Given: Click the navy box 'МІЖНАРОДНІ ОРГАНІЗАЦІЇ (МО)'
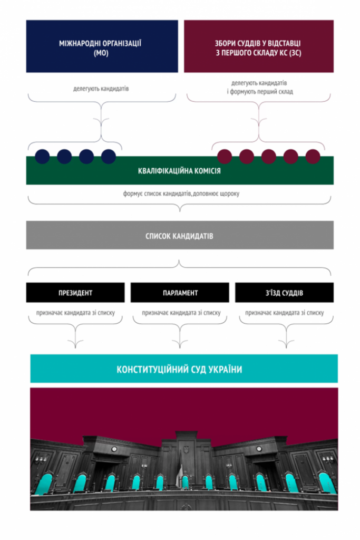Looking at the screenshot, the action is [102, 46].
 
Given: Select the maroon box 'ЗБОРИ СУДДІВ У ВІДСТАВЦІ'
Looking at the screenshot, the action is [258, 46].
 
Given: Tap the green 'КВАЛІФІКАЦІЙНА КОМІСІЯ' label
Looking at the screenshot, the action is [179, 171].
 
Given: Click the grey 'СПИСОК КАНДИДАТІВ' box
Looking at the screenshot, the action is [180, 235].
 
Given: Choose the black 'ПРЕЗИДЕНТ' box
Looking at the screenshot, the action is [75, 293].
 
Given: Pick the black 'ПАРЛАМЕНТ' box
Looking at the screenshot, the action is [180, 293].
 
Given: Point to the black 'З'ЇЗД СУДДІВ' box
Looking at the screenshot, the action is [284, 293].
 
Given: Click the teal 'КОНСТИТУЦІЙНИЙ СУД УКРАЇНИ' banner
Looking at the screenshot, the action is [184, 369].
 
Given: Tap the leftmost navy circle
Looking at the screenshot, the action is [42, 156].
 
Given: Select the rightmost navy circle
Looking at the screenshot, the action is [109, 156].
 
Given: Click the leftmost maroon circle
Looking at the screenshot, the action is [225, 156].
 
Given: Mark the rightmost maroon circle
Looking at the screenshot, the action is [313, 156].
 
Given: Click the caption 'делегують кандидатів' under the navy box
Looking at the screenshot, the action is [101, 89].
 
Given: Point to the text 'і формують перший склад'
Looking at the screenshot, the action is [260, 92].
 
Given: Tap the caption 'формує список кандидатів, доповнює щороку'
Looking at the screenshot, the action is [181, 194].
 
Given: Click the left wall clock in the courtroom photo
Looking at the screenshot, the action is [114, 449].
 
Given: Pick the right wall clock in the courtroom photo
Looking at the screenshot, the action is [259, 449].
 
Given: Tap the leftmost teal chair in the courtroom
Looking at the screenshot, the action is [44, 484].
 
